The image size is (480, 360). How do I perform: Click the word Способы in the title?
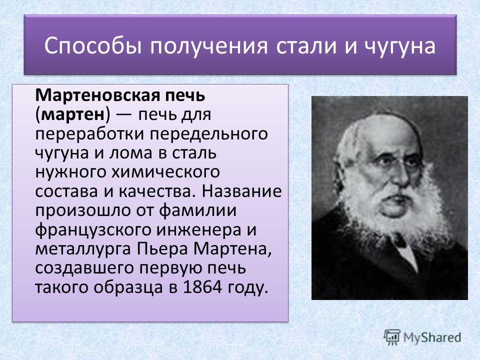(93, 46)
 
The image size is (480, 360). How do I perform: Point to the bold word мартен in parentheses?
(72, 114)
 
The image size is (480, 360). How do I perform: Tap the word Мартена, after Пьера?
(232, 249)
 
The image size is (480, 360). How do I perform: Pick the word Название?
(241, 191)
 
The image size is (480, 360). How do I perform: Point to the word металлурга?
(83, 249)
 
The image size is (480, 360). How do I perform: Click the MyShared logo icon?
(392, 337)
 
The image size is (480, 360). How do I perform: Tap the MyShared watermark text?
(432, 337)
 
